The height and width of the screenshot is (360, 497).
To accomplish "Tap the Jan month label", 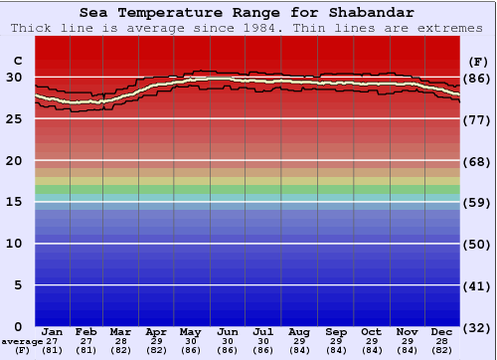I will [53, 331].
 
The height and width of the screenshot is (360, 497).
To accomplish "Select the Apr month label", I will [156, 331].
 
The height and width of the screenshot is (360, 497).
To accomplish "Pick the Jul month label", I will [263, 331].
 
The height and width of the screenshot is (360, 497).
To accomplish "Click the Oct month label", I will [371, 331].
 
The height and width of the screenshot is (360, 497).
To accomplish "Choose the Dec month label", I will [442, 331].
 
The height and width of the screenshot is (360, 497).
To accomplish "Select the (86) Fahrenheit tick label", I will [477, 78].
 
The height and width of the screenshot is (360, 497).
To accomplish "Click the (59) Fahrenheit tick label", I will [477, 202].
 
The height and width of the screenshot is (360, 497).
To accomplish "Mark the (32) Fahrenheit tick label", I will [477, 326].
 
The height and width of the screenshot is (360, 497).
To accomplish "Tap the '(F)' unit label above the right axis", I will [477, 61].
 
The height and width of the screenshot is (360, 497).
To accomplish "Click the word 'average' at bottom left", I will [22, 341].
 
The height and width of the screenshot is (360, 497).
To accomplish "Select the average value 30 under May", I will [192, 341].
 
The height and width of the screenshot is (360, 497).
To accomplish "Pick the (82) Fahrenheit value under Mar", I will [120, 350].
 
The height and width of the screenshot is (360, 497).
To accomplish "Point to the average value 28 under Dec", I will [442, 341].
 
